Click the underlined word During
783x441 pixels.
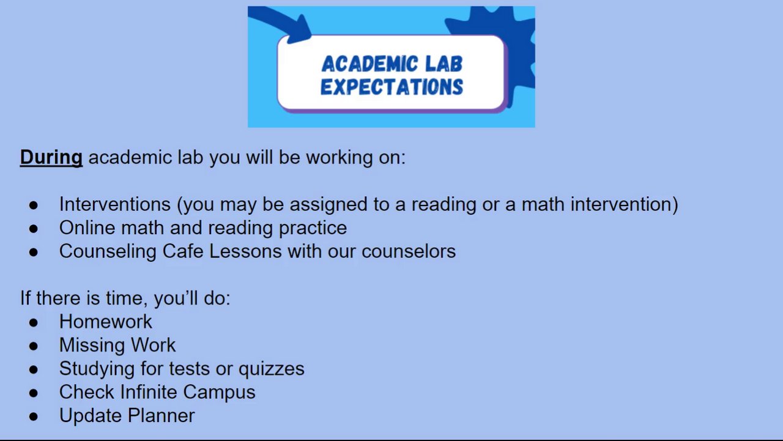pyautogui.click(x=51, y=158)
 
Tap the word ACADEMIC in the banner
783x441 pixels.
pyautogui.click(x=369, y=64)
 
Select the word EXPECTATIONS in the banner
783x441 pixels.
pyautogui.click(x=392, y=87)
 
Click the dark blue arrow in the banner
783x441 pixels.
pyautogui.click(x=283, y=25)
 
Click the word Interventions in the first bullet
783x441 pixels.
pyautogui.click(x=114, y=204)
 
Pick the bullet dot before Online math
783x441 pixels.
pyautogui.click(x=34, y=229)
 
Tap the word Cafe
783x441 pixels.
pyautogui.click(x=183, y=251)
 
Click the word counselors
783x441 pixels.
pyautogui.click(x=409, y=251)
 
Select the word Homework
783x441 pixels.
pyautogui.click(x=106, y=322)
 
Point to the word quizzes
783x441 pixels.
pyautogui.click(x=271, y=369)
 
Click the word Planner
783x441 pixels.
pyautogui.click(x=161, y=415)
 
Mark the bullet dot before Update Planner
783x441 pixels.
pyautogui.click(x=34, y=417)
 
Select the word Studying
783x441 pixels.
pyautogui.click(x=97, y=369)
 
